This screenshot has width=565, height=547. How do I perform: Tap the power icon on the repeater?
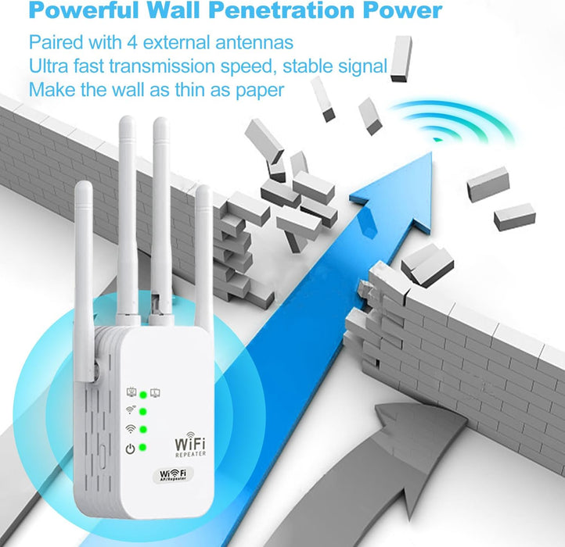point(131,448)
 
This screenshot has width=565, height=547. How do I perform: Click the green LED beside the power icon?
point(144,448)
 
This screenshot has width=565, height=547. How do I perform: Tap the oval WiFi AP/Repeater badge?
point(173,475)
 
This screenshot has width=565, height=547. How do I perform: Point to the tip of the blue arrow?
point(430,156)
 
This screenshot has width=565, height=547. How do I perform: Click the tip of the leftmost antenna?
point(85,185)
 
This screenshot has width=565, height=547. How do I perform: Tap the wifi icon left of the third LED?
point(131,429)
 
